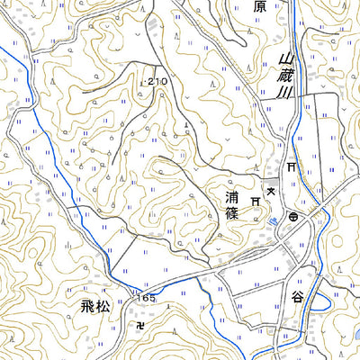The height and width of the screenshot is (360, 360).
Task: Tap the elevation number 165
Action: point(147,296)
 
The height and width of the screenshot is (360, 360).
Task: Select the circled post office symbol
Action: point(293,217)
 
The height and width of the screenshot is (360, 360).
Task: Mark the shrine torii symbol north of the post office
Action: point(292,168)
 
